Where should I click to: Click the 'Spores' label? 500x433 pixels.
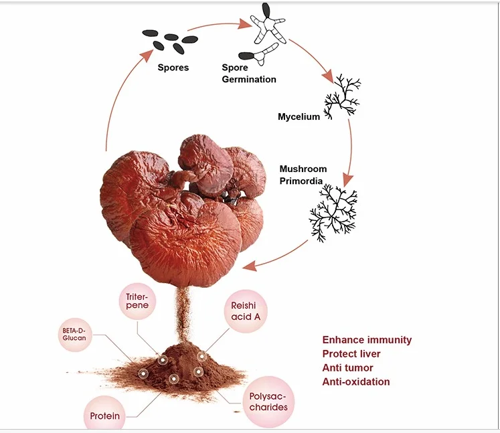coord(173,68)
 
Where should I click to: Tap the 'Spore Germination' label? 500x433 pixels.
coord(248,74)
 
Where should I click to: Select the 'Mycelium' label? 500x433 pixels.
coord(299,117)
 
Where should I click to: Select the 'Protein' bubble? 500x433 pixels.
coord(105,415)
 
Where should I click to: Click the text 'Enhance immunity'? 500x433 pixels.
coord(367,340)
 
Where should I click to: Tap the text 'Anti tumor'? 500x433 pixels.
coord(348,368)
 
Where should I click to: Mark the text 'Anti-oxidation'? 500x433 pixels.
coord(356,381)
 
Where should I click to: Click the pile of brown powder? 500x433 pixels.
coord(177,369)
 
